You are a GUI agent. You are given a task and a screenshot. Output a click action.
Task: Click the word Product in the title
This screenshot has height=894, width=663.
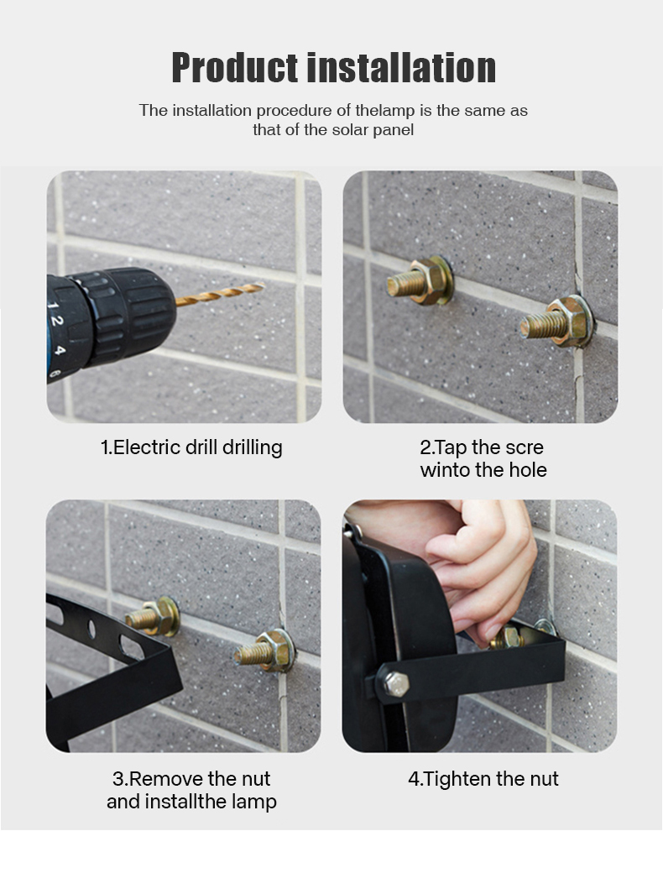[x=236, y=68]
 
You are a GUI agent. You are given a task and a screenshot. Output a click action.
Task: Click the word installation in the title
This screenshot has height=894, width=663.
[x=401, y=68]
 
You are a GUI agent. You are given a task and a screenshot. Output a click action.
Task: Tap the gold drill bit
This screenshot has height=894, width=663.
[x=220, y=293]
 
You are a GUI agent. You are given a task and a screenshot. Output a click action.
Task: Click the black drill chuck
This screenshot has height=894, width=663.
[x=122, y=316]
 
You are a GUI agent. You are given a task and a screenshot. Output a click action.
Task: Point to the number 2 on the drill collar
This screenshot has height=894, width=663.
[x=56, y=321]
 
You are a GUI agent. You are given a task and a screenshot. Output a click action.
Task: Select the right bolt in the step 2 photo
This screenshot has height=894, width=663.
[x=557, y=323]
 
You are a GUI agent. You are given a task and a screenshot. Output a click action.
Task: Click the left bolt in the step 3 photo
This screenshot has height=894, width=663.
[x=153, y=616]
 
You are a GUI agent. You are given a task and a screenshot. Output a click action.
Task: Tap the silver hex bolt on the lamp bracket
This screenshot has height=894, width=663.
[x=396, y=684]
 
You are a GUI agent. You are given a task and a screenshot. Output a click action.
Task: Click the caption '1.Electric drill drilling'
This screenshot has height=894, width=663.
[x=191, y=447]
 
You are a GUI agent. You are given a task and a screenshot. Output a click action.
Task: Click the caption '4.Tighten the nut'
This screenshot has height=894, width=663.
[x=483, y=779]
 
